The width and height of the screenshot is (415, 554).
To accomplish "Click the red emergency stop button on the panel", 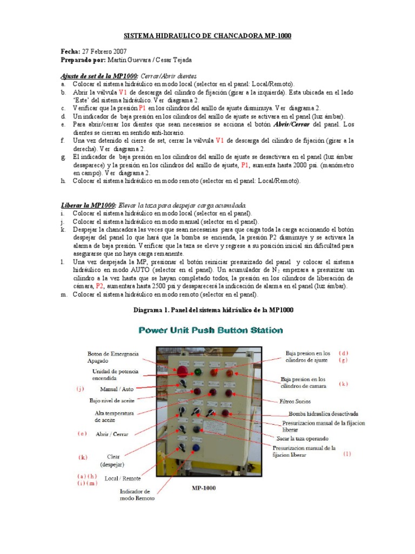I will point(183,372).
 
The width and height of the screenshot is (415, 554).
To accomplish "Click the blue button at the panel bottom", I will point(196,447).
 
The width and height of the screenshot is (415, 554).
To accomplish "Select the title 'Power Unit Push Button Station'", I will point(211,329).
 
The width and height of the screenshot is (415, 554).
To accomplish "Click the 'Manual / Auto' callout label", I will point(117,388).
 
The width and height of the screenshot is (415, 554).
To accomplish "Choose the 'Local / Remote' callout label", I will point(123,478).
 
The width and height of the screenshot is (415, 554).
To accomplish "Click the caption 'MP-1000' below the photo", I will point(204,488).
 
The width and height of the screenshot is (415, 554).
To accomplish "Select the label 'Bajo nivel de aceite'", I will point(112,401).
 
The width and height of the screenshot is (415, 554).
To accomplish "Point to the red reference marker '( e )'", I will point(82,433).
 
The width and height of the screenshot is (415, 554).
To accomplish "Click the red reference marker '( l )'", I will point(346,454).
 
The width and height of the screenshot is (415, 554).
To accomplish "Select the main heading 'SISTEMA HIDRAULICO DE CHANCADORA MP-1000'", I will point(207,36).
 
